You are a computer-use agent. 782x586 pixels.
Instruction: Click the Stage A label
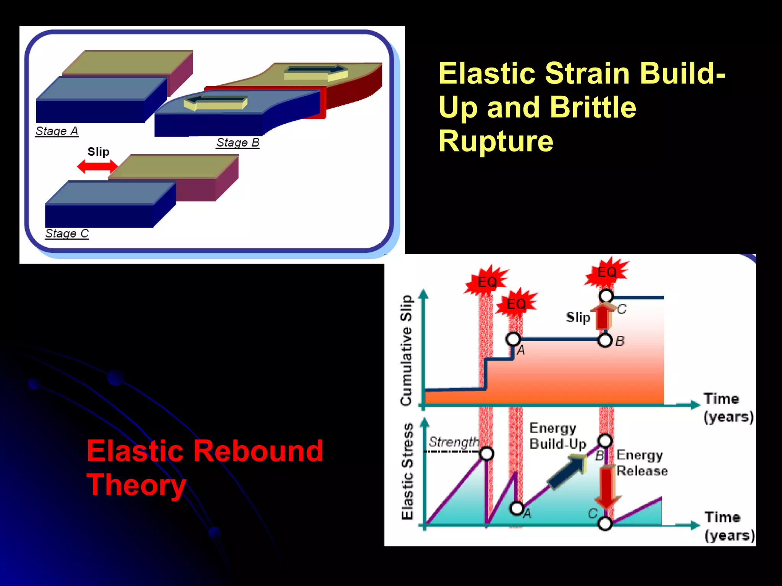tap(57, 131)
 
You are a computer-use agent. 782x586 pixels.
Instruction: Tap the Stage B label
tap(238, 142)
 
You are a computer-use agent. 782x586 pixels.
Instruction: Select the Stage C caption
tap(67, 233)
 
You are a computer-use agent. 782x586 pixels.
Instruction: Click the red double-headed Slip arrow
tap(97, 166)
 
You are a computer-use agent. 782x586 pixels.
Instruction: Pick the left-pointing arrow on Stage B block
tap(215, 102)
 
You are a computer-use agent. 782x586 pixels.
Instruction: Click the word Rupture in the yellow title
tap(495, 141)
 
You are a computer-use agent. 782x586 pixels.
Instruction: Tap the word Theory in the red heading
tap(136, 485)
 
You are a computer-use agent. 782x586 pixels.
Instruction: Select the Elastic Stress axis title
tap(407, 471)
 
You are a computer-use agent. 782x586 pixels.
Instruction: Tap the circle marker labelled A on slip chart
tap(513, 338)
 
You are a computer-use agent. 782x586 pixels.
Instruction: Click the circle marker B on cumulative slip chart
tap(604, 340)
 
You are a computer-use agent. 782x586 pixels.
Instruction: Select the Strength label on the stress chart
tap(453, 442)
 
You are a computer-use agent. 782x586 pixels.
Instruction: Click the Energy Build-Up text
tap(557, 436)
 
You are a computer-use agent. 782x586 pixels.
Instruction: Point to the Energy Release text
tap(641, 462)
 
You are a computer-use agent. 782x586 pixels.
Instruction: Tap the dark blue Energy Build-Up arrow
tap(567, 472)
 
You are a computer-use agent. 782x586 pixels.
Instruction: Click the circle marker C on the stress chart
tap(604, 523)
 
